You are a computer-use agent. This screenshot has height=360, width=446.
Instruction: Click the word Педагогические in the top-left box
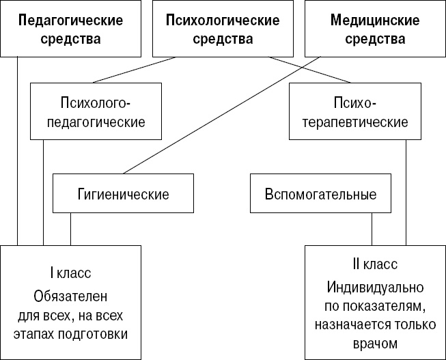pos(70,20)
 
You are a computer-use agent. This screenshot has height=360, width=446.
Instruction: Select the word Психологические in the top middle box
pos(223,20)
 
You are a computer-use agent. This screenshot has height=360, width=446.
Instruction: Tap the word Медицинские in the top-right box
pos(374,20)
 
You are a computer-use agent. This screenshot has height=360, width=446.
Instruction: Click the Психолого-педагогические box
pos(96,113)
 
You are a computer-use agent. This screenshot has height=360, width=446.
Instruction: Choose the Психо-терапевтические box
pos(353,113)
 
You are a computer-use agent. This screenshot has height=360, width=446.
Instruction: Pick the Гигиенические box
pos(123,194)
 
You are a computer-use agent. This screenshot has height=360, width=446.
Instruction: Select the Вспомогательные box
pos(320,194)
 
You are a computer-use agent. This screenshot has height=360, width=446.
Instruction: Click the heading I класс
pos(70,273)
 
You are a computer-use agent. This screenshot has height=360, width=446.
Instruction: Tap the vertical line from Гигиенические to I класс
pos(70,229)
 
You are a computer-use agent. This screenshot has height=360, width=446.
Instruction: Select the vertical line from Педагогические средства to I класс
pos(18,150)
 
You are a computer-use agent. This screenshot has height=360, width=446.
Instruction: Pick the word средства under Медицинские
pos(374,39)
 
